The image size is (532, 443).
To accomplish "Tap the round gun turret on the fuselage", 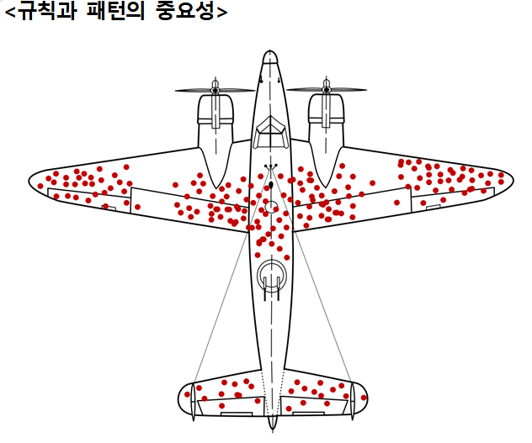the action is point(271,274).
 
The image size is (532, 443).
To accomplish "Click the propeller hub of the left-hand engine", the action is point(215,89).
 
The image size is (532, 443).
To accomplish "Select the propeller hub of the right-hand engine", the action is point(327,89).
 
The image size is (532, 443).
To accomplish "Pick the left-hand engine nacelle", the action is point(215,126).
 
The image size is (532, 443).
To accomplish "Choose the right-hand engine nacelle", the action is point(327,126).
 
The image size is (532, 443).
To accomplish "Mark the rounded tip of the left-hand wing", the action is point(35,181).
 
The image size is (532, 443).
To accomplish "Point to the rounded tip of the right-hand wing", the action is point(507,177).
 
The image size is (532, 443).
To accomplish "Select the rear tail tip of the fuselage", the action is point(271,425).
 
